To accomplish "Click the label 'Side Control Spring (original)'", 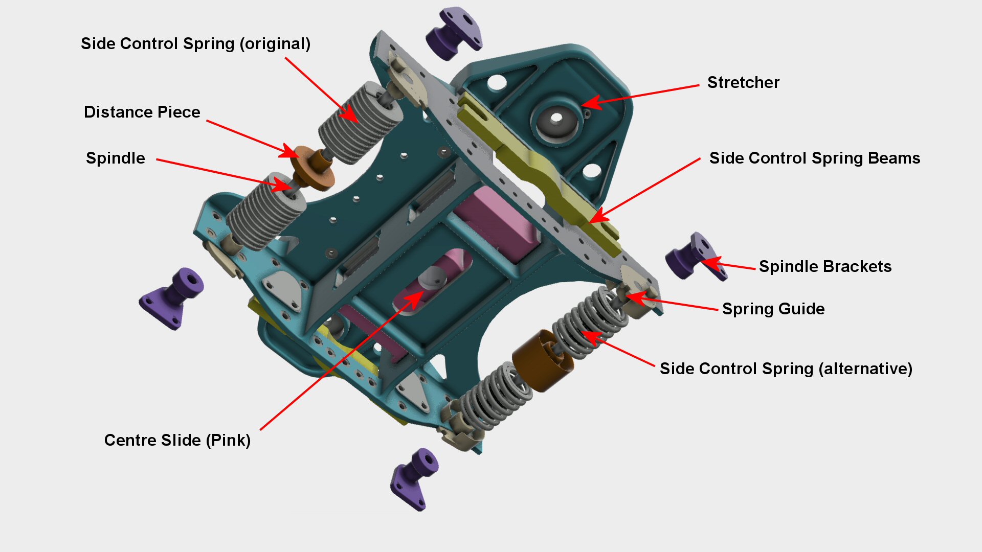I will pos(195,44).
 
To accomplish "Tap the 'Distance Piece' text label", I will pos(142,112).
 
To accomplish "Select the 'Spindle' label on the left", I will pos(115,158).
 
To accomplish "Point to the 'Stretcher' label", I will pos(743,83).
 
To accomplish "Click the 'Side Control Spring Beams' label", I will pos(814,158).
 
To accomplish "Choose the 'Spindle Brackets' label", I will pos(825,267).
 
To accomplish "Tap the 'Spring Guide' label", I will pos(773,309).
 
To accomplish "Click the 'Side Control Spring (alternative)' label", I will pos(786,369).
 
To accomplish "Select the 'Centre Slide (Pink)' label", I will pos(177,441).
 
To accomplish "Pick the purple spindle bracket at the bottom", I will pos(414,478).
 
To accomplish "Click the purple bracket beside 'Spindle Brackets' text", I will pos(693,257).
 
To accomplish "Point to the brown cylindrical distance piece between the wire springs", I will pos(542,360).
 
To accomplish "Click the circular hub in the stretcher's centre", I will pos(556,120).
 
